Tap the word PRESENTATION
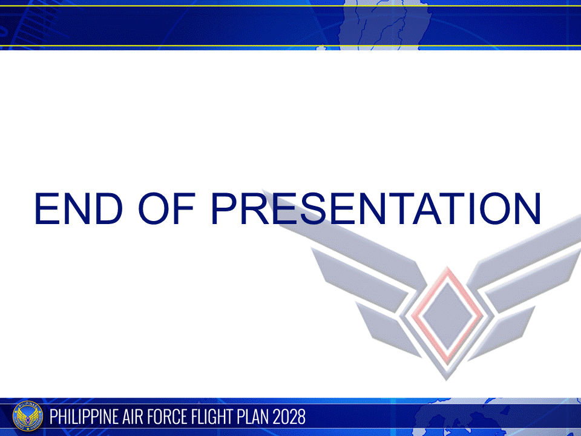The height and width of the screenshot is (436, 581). [375, 209]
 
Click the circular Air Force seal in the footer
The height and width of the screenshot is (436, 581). [28, 417]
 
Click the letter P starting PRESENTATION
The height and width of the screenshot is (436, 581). [225, 209]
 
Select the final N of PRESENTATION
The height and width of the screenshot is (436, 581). [524, 209]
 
